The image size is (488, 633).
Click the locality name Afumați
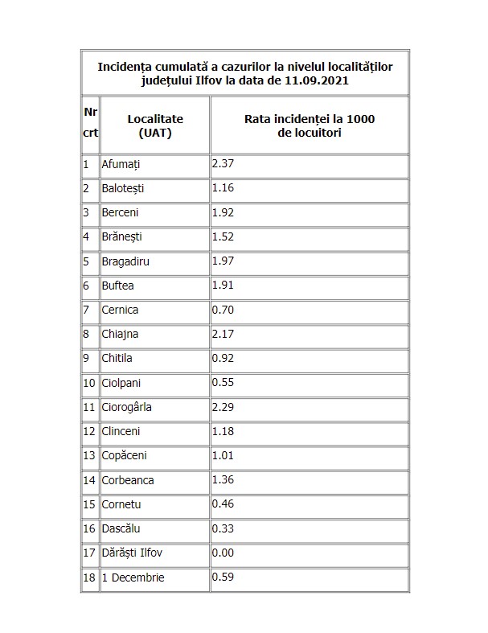point(121,164)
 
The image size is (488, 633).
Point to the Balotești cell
point(125,188)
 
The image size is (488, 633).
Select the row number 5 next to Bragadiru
point(86,261)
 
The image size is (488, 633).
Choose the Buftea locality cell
point(118,286)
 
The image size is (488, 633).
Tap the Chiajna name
point(120,334)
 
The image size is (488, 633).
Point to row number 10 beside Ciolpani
point(88,383)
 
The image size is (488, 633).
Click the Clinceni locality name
point(122,431)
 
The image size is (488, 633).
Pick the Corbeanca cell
point(128,480)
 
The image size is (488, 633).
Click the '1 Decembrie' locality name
point(133,578)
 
